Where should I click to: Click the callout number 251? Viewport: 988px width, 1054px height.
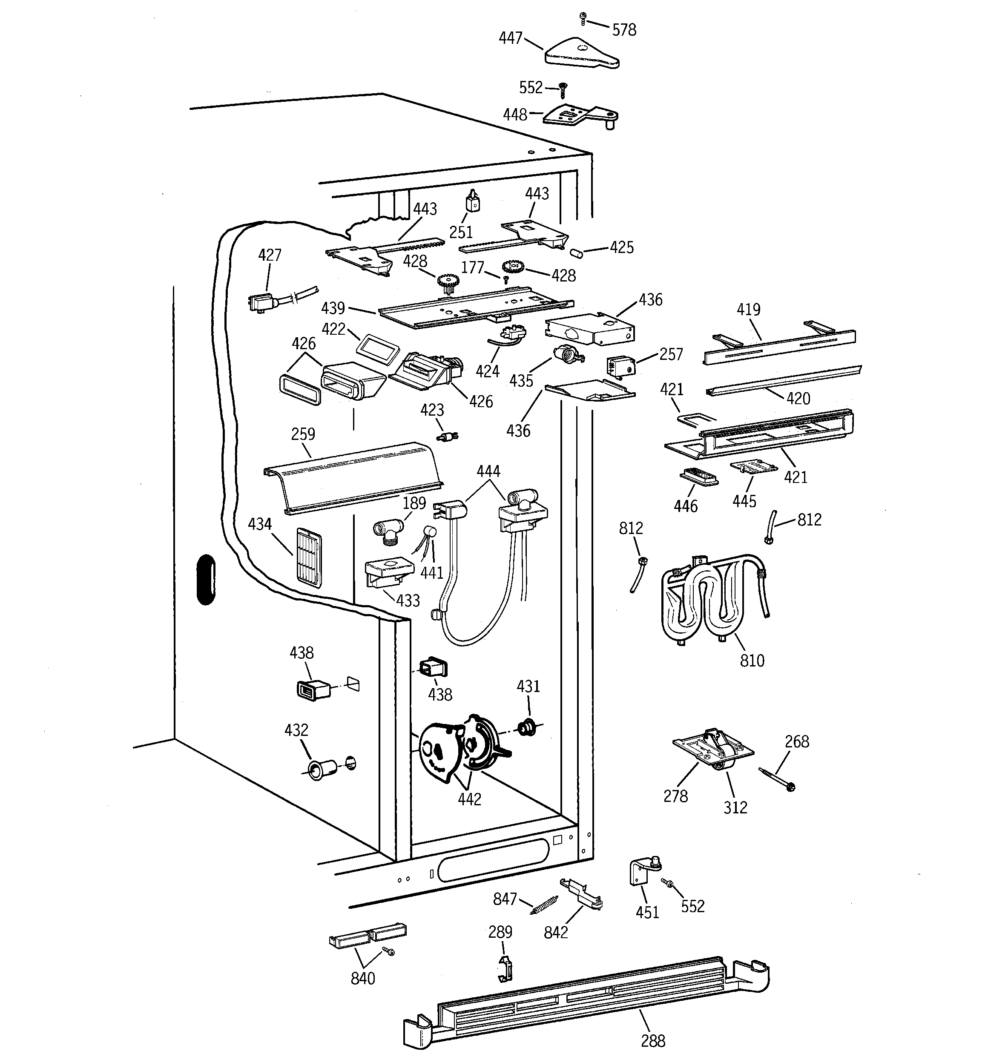pyautogui.click(x=461, y=232)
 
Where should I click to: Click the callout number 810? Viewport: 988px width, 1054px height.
pyautogui.click(x=752, y=660)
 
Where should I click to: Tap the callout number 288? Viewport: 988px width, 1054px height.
pyautogui.click(x=652, y=1041)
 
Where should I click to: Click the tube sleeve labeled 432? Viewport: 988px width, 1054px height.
pyautogui.click(x=320, y=769)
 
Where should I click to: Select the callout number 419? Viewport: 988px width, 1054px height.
pyautogui.click(x=748, y=309)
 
